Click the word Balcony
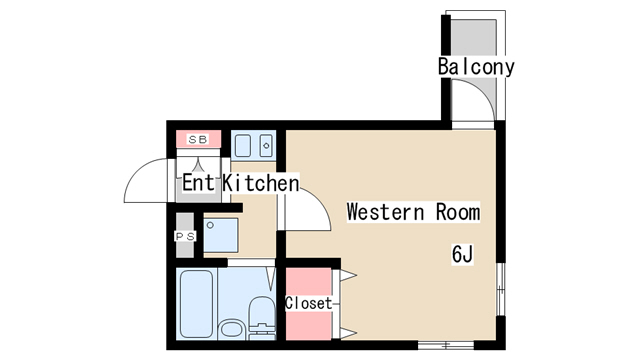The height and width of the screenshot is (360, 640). pos(476,67)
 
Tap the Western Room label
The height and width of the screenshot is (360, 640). pos(413,212)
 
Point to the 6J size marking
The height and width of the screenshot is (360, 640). pos(461,254)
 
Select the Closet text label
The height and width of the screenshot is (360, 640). pos(308,302)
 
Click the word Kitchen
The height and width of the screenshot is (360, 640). pos(260,184)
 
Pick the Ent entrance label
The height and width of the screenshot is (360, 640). pos(198,184)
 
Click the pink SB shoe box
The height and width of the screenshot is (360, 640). pos(198,139)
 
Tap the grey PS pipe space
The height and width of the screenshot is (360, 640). pos(185,236)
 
